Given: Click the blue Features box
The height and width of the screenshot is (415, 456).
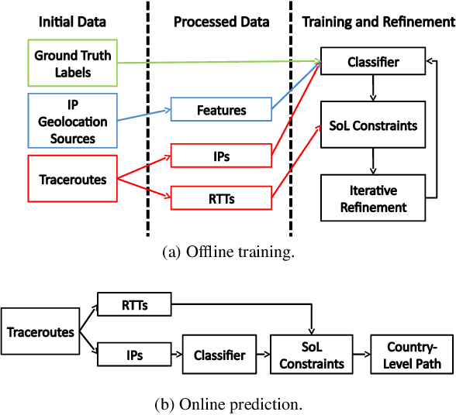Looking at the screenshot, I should point(221,111).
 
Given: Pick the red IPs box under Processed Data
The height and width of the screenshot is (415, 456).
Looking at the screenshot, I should point(221,156).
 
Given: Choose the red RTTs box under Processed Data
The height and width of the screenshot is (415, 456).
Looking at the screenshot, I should point(221,199).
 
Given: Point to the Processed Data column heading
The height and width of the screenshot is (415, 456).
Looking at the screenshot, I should point(221,22).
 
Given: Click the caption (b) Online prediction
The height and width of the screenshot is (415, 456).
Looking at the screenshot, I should point(228,404).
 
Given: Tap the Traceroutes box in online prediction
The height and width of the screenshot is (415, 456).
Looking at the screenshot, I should point(40,331).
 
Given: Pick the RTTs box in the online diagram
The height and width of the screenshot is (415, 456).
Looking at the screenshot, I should point(133,305).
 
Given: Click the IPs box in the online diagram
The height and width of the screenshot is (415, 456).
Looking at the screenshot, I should point(133,356).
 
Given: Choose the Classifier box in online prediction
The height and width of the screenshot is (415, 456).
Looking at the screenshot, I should point(219,356).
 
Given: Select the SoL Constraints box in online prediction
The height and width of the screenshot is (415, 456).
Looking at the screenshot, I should point(312,356).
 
